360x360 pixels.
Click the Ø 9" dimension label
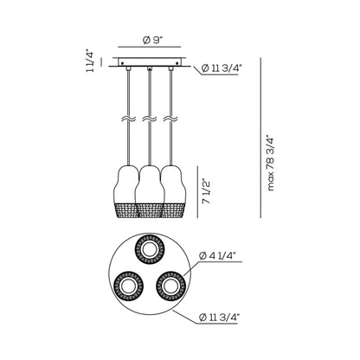[x=153, y=40]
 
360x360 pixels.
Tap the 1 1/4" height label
[x=90, y=61]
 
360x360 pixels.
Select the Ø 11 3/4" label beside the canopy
[x=222, y=68]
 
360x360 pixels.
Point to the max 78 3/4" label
[x=271, y=163]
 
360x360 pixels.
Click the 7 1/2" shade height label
[x=206, y=192]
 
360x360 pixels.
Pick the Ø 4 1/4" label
[x=218, y=255]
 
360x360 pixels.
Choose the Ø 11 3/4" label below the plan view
[x=220, y=318]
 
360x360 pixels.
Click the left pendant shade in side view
[x=126, y=191]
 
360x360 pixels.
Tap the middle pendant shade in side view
[x=150, y=191]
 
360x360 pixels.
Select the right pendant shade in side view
[x=173, y=191]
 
